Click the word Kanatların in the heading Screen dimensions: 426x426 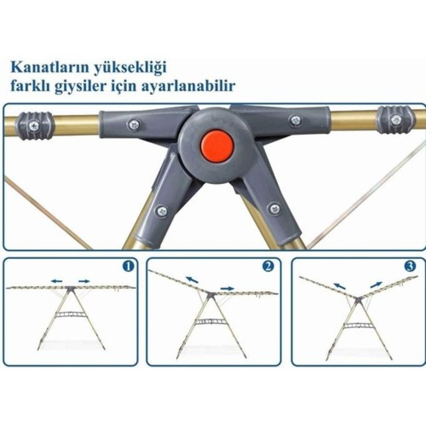(x=49, y=67)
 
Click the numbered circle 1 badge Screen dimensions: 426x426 (x=129, y=266)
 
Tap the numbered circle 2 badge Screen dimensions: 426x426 (x=268, y=266)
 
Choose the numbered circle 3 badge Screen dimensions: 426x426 (x=411, y=266)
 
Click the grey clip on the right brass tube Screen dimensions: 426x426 (x=396, y=119)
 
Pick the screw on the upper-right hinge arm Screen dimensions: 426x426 (x=296, y=120)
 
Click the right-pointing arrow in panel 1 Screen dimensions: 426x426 (x=84, y=281)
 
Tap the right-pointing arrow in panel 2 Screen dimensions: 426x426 (x=227, y=288)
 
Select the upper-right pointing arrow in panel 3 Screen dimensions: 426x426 (x=376, y=285)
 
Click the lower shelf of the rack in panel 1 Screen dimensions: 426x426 (x=71, y=314)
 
